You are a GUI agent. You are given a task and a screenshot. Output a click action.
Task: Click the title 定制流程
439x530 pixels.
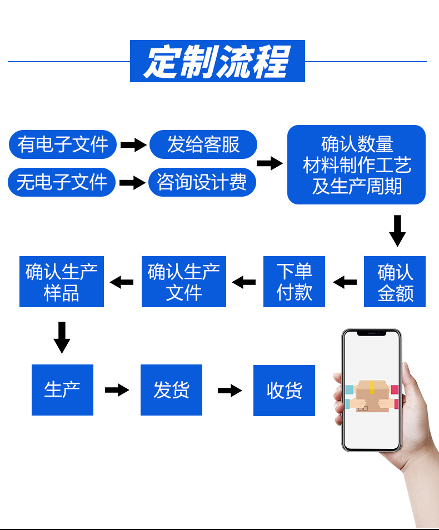[217, 61]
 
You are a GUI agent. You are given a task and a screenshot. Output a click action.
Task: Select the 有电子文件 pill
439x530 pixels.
[63, 144]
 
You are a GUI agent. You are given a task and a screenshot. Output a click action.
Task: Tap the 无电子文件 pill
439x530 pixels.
[62, 182]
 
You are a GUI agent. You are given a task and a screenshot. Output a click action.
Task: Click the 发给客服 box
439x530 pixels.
[203, 144]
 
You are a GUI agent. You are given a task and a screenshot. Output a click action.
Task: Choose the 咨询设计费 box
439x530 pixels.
[202, 182]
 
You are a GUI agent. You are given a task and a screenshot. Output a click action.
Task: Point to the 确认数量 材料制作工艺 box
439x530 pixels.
[356, 165]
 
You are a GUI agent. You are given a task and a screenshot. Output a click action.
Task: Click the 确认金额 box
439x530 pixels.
[395, 282]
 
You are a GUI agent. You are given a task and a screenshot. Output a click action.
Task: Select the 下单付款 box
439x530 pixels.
[294, 282]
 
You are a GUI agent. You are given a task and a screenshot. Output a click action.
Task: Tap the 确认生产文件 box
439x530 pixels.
[184, 282]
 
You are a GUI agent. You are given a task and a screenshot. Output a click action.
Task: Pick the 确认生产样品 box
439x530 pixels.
[62, 282]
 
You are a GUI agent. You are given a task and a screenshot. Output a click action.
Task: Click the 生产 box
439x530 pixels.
[62, 390]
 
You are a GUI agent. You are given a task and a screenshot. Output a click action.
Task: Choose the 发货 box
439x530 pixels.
[171, 390]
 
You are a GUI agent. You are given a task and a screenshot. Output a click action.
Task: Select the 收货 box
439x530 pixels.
[284, 391]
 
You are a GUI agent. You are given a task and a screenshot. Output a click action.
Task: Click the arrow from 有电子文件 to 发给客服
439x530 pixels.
[133, 145]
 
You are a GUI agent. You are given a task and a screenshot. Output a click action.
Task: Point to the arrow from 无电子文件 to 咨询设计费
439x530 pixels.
[132, 183]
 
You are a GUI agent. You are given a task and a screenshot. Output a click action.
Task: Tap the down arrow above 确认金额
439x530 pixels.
[397, 230]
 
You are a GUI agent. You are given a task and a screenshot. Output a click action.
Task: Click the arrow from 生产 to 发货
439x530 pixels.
[117, 390]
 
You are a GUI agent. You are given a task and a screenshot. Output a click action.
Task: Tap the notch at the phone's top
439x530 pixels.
[371, 333]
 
